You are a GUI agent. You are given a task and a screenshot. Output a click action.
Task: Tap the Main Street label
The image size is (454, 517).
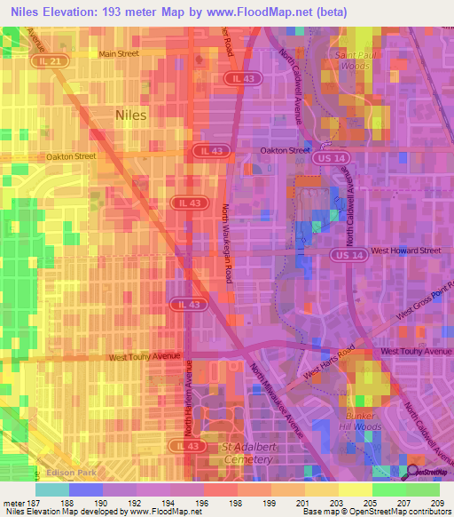[120, 54]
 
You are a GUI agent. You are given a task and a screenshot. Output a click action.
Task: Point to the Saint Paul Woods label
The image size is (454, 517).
[352, 60]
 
